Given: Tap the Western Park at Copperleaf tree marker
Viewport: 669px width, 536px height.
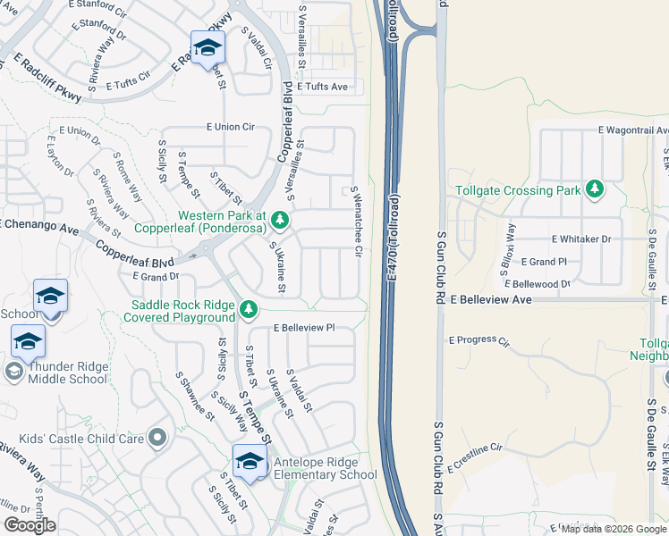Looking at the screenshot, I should (280, 220).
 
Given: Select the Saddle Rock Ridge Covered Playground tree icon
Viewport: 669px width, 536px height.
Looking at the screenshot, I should (250, 310).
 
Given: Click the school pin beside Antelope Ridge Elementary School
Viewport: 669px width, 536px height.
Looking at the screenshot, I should (250, 463).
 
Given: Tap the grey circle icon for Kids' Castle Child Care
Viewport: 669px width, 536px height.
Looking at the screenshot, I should (158, 438).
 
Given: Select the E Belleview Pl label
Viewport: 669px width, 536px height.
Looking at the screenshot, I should (303, 328).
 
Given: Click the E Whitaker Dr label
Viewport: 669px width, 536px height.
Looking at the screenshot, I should (581, 239).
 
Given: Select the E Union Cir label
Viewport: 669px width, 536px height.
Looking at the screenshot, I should (230, 127).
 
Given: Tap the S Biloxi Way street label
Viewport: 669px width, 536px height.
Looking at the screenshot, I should (505, 251).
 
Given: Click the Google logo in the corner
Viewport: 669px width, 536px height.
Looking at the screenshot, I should (30, 525).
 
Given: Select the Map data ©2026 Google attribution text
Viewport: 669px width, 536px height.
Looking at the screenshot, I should (614, 529).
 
